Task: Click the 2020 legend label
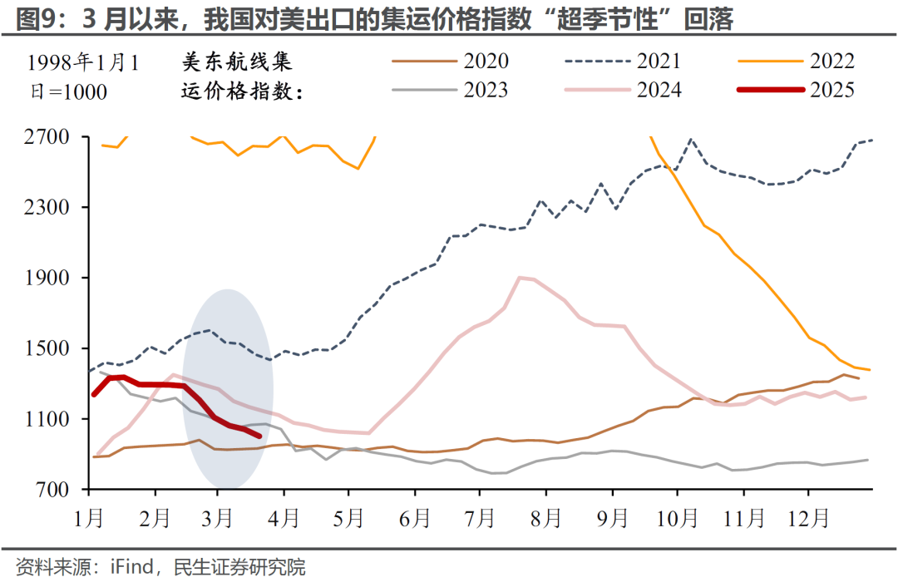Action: tap(487, 62)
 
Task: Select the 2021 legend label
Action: tap(659, 62)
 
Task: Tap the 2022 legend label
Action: tap(831, 62)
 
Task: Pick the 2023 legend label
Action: tap(487, 90)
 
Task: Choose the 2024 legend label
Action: tap(659, 90)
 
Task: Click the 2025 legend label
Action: tap(831, 90)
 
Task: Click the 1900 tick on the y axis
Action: tap(45, 278)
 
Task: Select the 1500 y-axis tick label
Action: tap(45, 348)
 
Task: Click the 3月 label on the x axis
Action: tap(217, 519)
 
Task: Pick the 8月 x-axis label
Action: tap(546, 519)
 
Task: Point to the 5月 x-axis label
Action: tap(348, 519)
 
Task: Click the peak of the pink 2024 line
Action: tap(520, 278)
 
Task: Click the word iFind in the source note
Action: tap(131, 568)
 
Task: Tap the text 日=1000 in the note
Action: tap(63, 91)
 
